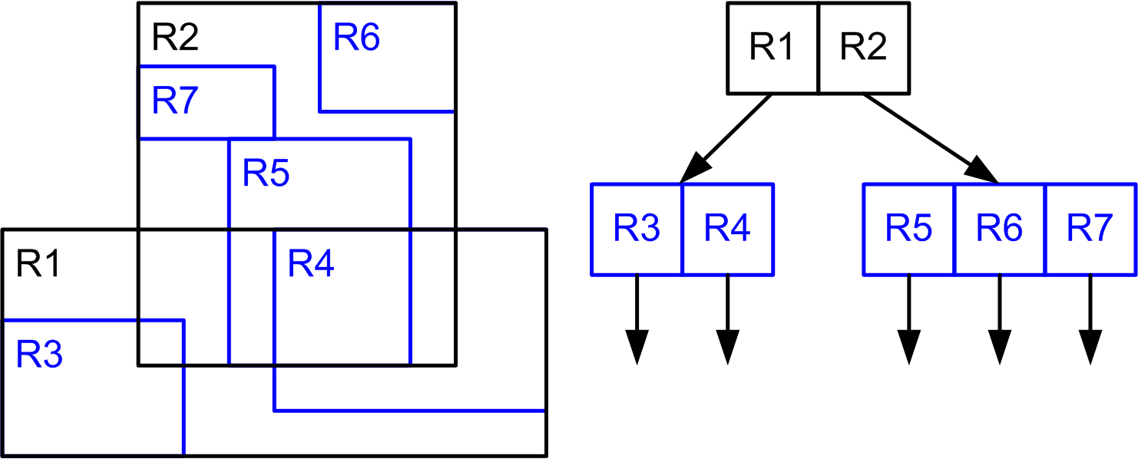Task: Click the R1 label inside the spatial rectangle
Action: (39, 266)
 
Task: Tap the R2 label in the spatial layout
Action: (176, 38)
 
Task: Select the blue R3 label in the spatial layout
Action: (39, 355)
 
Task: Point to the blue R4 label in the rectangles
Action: (311, 266)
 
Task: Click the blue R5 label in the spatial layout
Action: (266, 175)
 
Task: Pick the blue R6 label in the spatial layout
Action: (356, 38)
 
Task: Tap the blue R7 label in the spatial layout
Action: (176, 101)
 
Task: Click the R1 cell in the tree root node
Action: (773, 48)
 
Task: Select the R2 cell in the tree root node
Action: (864, 48)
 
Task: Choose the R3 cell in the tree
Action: (637, 229)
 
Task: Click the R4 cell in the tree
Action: (727, 229)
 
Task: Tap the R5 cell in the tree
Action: (909, 229)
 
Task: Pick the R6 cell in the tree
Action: (1000, 229)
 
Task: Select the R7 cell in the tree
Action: (1090, 229)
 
